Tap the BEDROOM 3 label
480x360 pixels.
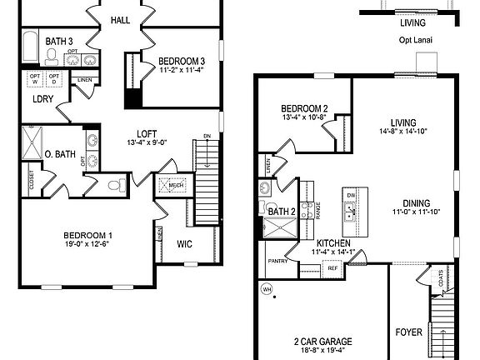click(x=182, y=61)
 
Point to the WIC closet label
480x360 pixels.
click(x=185, y=244)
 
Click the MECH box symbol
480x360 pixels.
click(x=175, y=186)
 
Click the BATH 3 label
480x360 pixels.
click(x=59, y=40)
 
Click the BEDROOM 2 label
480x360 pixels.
click(x=304, y=108)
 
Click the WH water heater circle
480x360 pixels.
click(x=267, y=290)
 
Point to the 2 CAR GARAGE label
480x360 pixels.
click(x=321, y=342)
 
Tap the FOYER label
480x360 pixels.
click(x=408, y=332)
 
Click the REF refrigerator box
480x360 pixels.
click(x=331, y=269)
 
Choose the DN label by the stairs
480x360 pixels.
click(x=207, y=136)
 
